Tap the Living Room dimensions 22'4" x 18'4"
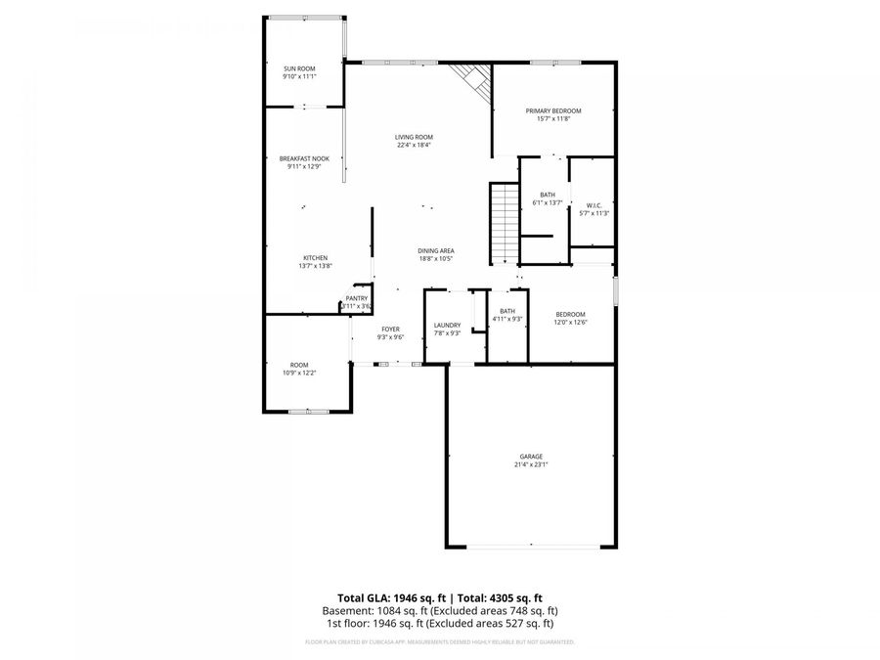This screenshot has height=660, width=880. [x=415, y=146]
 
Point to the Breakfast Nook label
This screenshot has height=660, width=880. [x=304, y=158]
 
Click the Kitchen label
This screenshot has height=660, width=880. [x=315, y=258]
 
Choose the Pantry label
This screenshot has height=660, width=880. [x=356, y=298]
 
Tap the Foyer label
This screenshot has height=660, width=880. [x=390, y=330]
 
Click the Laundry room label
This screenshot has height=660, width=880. [x=447, y=326]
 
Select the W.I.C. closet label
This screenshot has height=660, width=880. [x=594, y=205]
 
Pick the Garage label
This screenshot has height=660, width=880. [x=531, y=457]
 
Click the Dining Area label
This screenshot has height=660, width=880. [x=436, y=251]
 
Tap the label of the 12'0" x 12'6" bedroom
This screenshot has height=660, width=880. [x=570, y=314]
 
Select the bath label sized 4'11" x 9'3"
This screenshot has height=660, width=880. [x=506, y=311]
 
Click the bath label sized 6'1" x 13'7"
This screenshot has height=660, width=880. [x=548, y=195]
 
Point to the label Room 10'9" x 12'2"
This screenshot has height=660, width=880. [x=299, y=365]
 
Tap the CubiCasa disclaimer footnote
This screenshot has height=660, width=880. [x=439, y=642]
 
